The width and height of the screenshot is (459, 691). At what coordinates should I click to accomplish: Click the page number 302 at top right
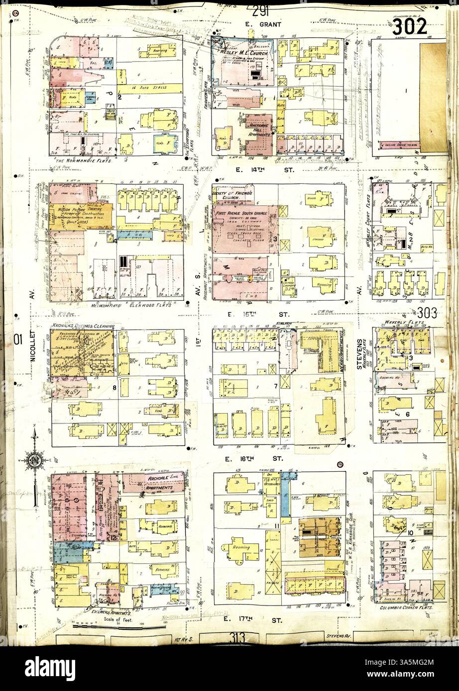[410, 26]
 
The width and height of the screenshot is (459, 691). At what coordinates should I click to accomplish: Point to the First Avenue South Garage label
[243, 212]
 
